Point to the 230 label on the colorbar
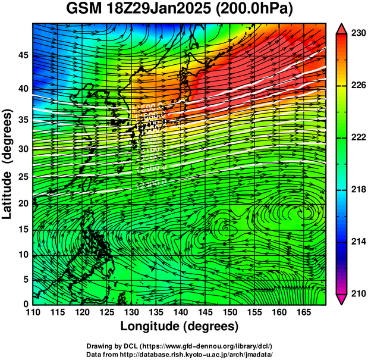tap(357, 34)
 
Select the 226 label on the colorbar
tap(357, 86)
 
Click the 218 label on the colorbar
tap(357, 189)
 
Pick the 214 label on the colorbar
tap(357, 242)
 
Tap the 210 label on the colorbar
tap(357, 293)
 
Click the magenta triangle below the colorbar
tap(341, 299)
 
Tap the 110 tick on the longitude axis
tap(33, 312)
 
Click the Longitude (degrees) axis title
tap(180, 326)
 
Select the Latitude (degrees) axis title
tap(8, 164)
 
